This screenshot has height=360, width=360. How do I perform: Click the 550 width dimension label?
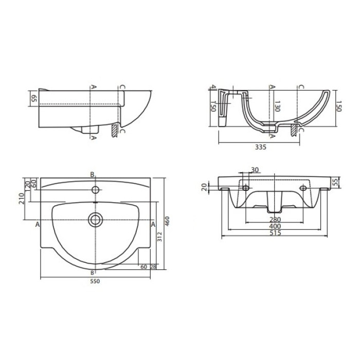tap(95, 281)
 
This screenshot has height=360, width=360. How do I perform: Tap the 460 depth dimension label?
tap(167, 221)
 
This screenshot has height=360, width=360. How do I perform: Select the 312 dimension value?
tap(160, 237)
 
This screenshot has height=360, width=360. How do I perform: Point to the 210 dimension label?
tap(22, 199)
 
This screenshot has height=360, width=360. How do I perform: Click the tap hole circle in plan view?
tap(95, 190)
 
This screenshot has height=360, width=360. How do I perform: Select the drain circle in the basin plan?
tap(95, 220)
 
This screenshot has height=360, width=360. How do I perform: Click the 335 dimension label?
tap(261, 147)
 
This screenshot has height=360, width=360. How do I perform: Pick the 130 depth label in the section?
tap(277, 106)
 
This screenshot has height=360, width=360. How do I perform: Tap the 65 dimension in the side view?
tap(34, 99)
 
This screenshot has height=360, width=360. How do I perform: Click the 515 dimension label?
tap(275, 233)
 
